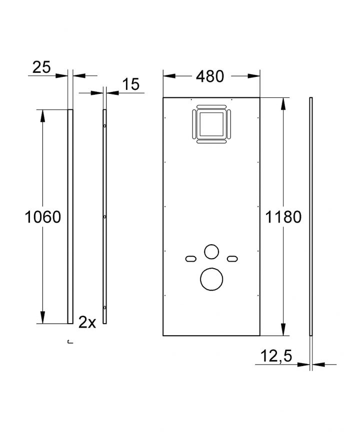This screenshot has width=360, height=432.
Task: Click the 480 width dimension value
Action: (210, 76)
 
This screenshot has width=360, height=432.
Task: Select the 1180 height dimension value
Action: (282, 217)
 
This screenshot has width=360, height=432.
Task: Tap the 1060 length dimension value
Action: (42, 217)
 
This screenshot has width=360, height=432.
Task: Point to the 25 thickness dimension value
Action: (42, 67)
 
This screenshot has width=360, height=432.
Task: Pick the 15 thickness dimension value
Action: (129, 84)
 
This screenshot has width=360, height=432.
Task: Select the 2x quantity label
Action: (87, 323)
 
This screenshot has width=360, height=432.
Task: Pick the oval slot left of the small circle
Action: (191, 258)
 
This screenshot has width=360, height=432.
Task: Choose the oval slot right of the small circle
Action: (231, 258)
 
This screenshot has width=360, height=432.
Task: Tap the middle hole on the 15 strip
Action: (105, 217)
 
